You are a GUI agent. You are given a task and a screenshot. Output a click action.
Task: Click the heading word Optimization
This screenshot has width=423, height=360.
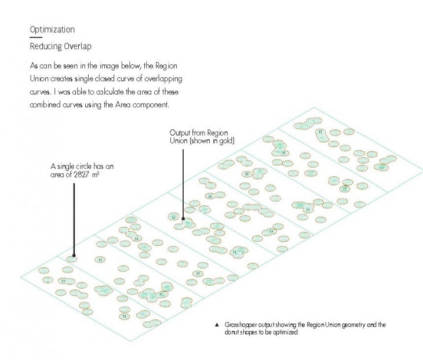(x=52, y=30)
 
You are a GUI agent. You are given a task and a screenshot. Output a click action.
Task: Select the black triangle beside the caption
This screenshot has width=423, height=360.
(x=217, y=325)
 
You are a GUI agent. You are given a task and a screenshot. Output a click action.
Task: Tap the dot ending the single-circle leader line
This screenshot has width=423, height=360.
(x=74, y=255)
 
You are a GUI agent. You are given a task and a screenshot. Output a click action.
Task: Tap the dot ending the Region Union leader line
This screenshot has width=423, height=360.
(x=183, y=219)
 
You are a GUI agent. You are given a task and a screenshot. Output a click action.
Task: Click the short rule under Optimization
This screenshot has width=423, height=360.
(x=36, y=37)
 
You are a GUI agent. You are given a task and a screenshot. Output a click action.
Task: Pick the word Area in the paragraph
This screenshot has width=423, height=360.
(x=123, y=105)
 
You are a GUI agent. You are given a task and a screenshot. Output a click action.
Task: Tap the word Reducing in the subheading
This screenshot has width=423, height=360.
(x=46, y=46)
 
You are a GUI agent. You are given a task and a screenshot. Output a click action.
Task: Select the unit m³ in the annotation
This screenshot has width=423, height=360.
(x=96, y=174)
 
